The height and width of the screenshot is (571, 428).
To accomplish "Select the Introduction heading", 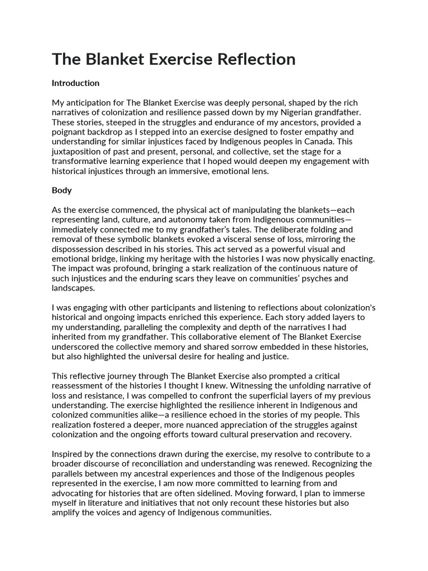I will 75,83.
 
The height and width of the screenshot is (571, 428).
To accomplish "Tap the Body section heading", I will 61,190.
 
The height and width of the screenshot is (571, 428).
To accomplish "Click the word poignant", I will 69,132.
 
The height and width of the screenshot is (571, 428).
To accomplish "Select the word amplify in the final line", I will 67,511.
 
